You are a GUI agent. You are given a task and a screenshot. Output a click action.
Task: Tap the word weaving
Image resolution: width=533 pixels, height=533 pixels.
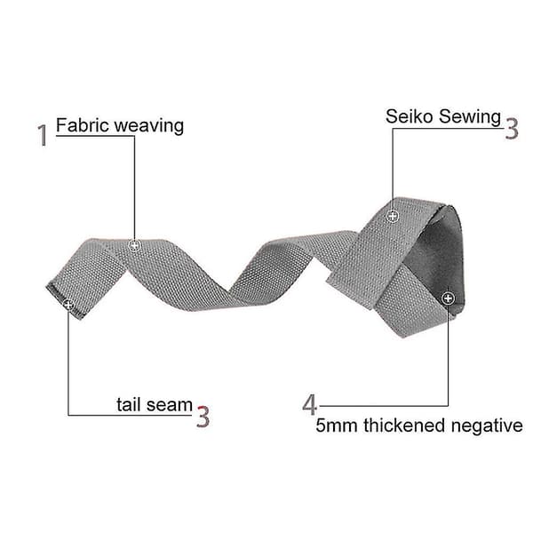point(149,126)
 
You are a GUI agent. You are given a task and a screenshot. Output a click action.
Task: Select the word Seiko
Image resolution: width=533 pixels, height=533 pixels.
point(410,116)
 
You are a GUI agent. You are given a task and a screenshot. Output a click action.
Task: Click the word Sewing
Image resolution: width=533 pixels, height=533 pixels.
point(469,117)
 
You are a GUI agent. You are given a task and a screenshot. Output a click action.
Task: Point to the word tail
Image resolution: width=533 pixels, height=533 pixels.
point(128,404)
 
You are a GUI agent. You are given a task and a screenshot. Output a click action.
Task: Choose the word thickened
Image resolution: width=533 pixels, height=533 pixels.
point(404,425)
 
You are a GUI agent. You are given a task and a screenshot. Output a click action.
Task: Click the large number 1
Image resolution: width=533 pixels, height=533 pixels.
point(43,135)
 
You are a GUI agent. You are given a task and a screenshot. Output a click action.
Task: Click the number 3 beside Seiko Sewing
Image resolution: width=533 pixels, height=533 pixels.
point(512,128)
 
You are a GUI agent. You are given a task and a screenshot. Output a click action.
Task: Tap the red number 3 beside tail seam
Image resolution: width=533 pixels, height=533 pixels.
point(203,417)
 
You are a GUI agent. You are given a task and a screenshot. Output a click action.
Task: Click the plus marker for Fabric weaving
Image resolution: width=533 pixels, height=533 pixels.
point(135,245)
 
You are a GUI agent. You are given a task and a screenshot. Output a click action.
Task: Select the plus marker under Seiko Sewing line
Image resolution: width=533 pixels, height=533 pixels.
point(393,216)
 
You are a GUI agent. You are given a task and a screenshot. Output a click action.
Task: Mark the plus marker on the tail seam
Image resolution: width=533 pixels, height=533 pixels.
point(68,305)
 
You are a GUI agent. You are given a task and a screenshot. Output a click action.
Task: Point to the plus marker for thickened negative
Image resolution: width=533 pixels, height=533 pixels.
point(448,298)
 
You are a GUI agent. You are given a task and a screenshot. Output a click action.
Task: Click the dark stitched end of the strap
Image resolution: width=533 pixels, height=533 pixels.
point(64,301)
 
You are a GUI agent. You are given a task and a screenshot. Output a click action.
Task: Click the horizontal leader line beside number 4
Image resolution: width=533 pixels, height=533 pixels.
point(384,406)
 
